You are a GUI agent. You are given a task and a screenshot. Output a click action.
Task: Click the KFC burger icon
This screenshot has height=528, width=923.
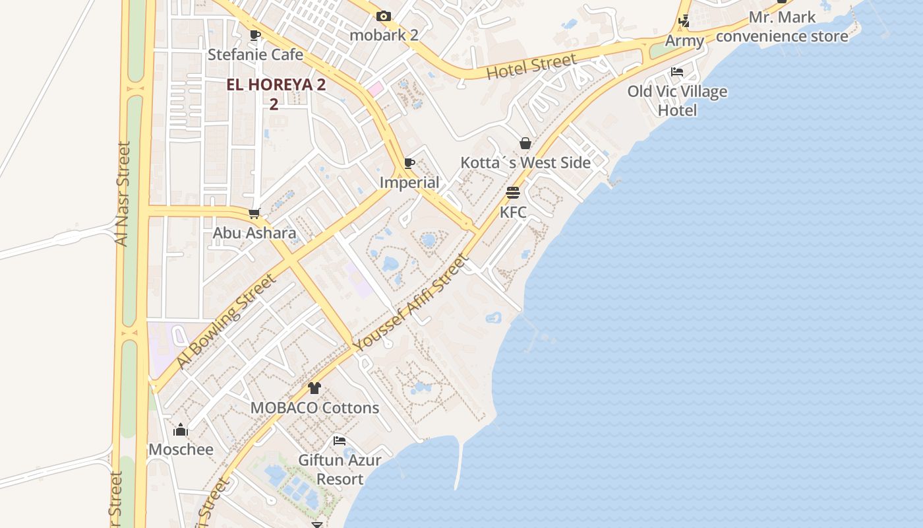coord(513,193)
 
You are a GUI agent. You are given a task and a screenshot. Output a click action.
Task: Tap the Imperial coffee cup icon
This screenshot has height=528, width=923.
coord(409,163)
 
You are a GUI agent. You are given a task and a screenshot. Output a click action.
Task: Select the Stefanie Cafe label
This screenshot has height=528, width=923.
coord(255,54)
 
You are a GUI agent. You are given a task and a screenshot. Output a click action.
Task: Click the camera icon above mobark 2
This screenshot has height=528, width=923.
coord(384,16)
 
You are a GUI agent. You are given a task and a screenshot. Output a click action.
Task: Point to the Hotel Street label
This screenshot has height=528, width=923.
coord(531,66)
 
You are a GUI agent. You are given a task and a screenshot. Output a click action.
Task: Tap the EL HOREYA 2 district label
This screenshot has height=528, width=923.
coord(276,85)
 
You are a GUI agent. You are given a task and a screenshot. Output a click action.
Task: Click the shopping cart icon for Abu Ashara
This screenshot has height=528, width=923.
coord(254,213)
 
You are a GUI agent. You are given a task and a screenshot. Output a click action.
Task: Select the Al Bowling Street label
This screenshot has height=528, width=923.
coord(225,321)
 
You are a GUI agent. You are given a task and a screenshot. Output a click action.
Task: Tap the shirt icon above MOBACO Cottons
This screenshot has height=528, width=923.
coord(314,388)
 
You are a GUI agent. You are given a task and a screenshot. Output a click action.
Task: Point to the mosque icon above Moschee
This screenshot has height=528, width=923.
coord(181,430)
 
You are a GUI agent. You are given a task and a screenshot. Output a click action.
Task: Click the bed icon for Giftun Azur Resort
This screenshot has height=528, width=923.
coord(340,440)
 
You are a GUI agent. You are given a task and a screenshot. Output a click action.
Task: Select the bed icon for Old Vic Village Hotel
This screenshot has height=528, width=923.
coord(677,71)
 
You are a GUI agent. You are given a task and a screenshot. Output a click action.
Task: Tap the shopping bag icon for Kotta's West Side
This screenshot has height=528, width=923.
coord(525,143)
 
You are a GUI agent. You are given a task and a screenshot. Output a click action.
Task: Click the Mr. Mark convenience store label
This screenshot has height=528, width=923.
coord(782,26)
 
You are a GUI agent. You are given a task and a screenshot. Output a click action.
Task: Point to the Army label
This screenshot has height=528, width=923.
coord(684,40)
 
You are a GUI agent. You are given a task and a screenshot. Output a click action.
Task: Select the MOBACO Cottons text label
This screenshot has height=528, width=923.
coord(314,408)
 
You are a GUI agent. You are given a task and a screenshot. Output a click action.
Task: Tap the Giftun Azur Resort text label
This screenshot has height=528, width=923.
coord(340,469)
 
